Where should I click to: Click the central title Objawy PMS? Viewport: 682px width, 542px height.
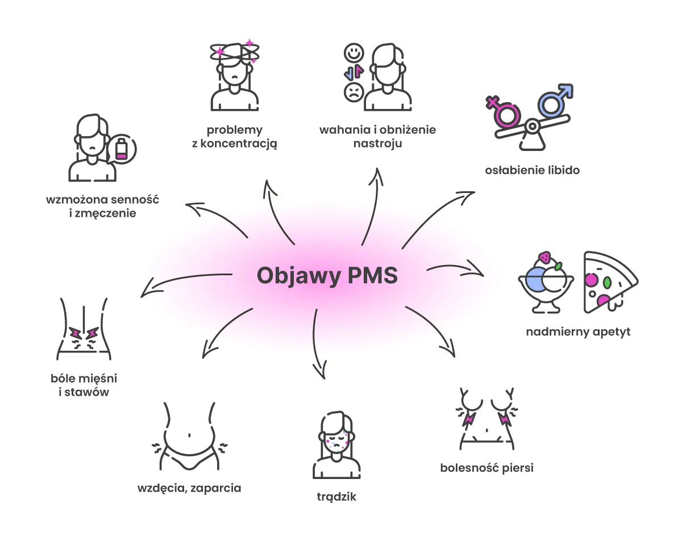click(327, 276)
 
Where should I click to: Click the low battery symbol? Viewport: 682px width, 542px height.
click(122, 149)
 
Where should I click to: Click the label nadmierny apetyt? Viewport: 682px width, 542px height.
click(578, 332)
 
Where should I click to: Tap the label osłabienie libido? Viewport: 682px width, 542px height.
click(532, 170)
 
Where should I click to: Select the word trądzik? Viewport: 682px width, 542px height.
click(336, 497)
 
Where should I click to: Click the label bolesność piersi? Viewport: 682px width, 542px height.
click(486, 468)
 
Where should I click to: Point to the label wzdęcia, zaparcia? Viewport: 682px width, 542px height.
click(189, 488)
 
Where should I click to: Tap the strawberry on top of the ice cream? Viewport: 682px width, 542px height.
click(545, 257)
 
